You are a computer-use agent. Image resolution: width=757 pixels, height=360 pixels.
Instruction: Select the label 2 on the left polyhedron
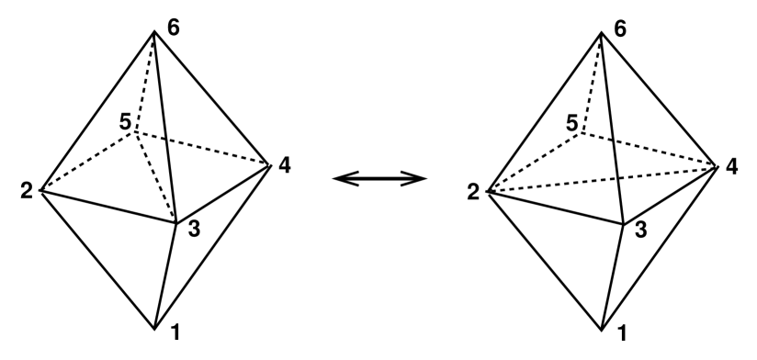27,192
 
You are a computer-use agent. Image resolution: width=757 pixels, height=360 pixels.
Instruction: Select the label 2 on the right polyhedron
472,192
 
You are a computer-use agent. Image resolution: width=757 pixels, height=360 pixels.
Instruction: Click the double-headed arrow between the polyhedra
378,178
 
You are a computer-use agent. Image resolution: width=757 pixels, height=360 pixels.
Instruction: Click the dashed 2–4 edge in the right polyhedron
602,180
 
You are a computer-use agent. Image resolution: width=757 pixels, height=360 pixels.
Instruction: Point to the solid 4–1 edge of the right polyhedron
659,247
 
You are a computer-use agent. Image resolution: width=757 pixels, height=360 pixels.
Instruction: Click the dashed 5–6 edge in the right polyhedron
589,83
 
